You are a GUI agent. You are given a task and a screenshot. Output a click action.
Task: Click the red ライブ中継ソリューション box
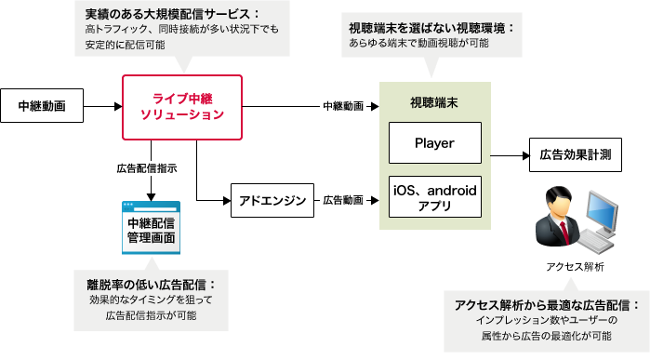[182, 107]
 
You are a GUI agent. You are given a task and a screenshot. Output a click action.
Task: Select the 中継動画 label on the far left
[42, 106]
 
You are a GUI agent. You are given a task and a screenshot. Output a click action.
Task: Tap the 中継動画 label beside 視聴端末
[343, 106]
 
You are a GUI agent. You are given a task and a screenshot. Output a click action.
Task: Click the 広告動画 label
[343, 200]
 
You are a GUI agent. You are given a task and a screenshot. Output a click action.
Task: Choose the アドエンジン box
[272, 200]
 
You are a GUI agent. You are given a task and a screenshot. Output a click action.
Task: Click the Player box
[434, 144]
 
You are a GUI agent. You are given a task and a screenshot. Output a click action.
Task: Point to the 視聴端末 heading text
[434, 102]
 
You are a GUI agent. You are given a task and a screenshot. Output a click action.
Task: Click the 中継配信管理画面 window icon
[152, 229]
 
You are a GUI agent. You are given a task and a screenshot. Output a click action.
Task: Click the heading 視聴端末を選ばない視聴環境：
[431, 29]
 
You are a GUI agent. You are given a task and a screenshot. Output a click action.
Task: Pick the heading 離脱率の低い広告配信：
[151, 284]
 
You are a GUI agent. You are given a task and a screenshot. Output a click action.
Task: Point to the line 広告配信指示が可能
[151, 316]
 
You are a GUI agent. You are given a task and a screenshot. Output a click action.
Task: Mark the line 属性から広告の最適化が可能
[547, 336]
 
